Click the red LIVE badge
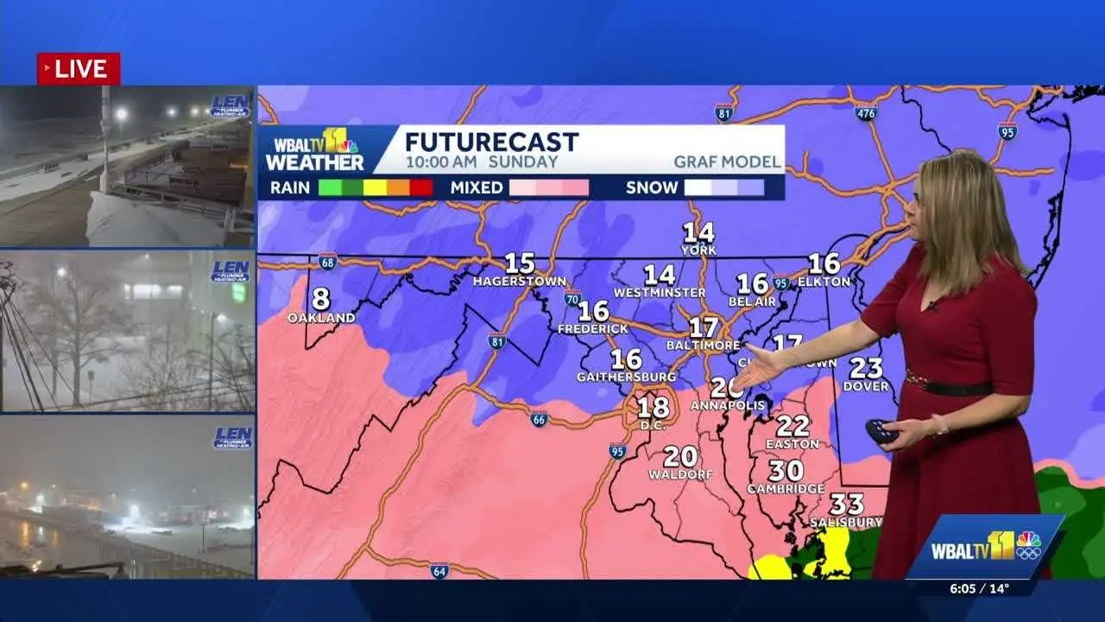79,69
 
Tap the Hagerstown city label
520,282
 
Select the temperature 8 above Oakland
321,299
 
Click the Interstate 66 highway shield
539,420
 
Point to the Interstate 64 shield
439,570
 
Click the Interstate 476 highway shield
866,112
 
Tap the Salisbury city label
846,522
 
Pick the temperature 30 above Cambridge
786,471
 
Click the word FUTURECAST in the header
491,142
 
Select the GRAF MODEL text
727,162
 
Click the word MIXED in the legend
477,187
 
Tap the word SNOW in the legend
652,187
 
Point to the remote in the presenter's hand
881,430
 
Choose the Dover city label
866,386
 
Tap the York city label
699,250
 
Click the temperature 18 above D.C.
654,406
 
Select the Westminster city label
660,293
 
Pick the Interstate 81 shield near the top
724,112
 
